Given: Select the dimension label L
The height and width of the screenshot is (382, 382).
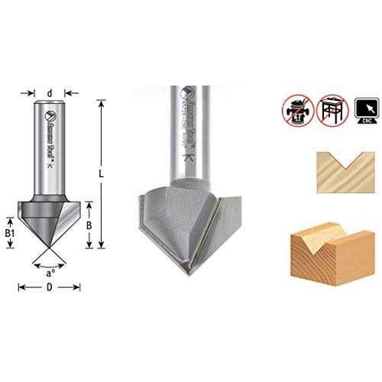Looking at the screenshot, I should (101, 173).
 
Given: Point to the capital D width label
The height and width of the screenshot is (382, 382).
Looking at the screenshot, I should (50, 287).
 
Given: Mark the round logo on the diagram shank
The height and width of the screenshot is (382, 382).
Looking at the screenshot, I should (50, 117).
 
